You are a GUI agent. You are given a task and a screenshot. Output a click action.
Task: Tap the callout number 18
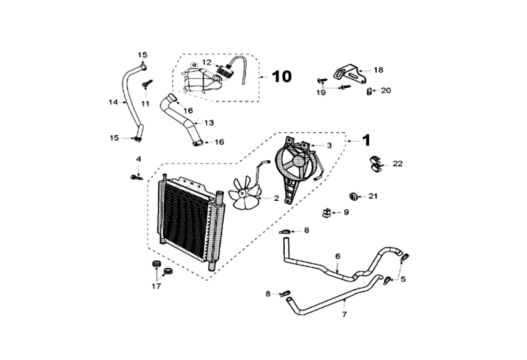pos(378,70)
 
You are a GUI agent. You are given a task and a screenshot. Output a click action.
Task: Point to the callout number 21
pos(373,196)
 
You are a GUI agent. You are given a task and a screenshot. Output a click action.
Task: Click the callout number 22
pos(397,164)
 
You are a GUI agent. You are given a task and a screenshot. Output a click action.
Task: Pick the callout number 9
pos(346,212)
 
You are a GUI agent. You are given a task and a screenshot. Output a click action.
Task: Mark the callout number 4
pos(139,159)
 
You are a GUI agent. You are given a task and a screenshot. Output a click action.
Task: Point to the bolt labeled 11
pos(147,84)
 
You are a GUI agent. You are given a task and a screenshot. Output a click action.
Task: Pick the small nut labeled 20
pos(369,91)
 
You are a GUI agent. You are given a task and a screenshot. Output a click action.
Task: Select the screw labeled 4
pos(136,177)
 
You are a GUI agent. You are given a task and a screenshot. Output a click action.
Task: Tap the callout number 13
pos(209,122)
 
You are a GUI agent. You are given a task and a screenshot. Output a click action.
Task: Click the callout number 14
pos(113,102)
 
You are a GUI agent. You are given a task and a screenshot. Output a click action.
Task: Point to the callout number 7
pos(344,314)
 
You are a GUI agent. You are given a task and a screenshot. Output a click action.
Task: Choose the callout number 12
pos(207,62)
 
